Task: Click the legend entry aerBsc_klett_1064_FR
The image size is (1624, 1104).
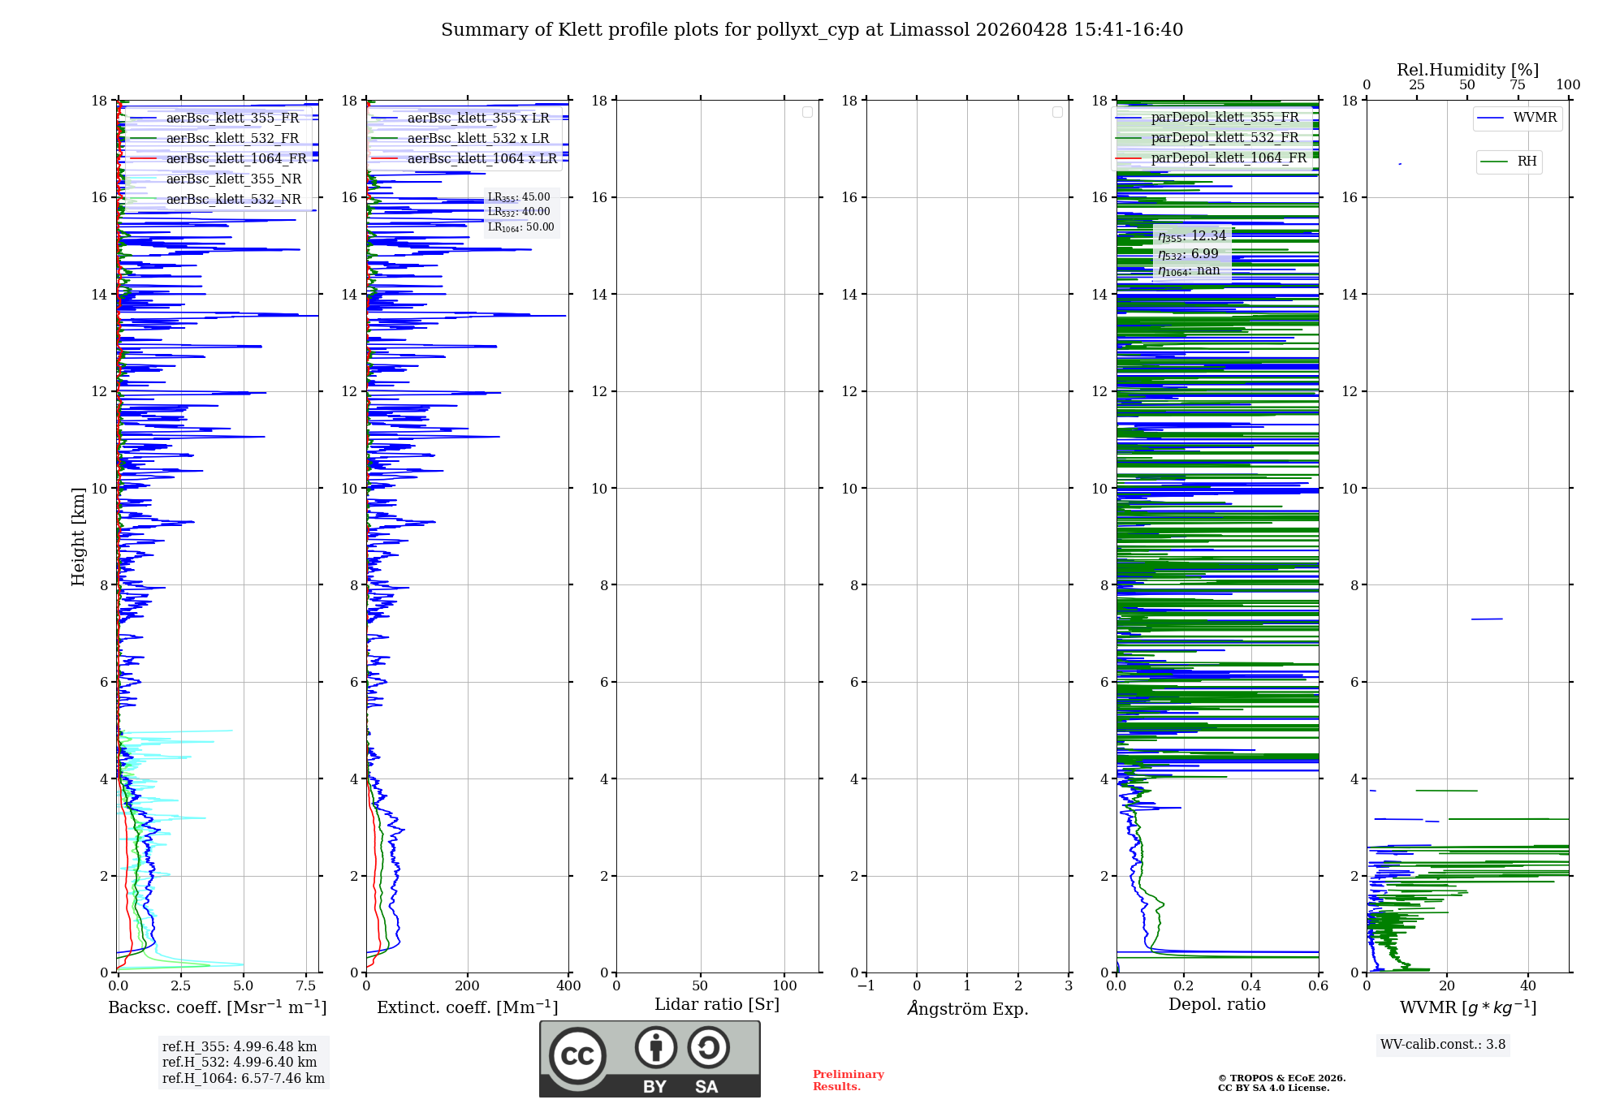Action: pyautogui.click(x=236, y=159)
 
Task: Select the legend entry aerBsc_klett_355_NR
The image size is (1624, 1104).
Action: pyautogui.click(x=233, y=179)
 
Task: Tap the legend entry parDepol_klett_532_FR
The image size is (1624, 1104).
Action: pyautogui.click(x=1224, y=138)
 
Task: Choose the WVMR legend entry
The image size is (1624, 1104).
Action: pyautogui.click(x=1535, y=118)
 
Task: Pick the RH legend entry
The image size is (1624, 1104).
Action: pyautogui.click(x=1527, y=162)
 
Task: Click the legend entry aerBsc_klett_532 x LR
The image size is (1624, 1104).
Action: pyautogui.click(x=477, y=139)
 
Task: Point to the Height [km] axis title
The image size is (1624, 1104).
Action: pyautogui.click(x=78, y=537)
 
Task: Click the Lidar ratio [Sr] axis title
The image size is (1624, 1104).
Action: pyautogui.click(x=716, y=1005)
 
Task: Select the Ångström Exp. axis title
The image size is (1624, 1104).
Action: pyautogui.click(x=967, y=1009)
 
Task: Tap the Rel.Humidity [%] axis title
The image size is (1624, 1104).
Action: pyautogui.click(x=1467, y=70)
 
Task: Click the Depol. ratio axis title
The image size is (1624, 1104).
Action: pyautogui.click(x=1216, y=1005)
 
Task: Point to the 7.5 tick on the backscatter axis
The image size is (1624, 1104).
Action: pyautogui.click(x=306, y=986)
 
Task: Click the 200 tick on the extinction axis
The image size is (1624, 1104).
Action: pyautogui.click(x=467, y=986)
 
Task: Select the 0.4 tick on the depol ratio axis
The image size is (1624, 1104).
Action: pyautogui.click(x=1250, y=986)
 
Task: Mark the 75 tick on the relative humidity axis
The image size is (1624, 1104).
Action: pyautogui.click(x=1517, y=85)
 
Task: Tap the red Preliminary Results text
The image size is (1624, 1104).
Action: pyautogui.click(x=848, y=1080)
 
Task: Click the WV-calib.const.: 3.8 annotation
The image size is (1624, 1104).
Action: pyautogui.click(x=1442, y=1045)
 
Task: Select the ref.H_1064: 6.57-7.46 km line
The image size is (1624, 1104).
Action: pyautogui.click(x=243, y=1079)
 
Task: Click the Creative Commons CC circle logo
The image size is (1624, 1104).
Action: pyautogui.click(x=577, y=1056)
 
